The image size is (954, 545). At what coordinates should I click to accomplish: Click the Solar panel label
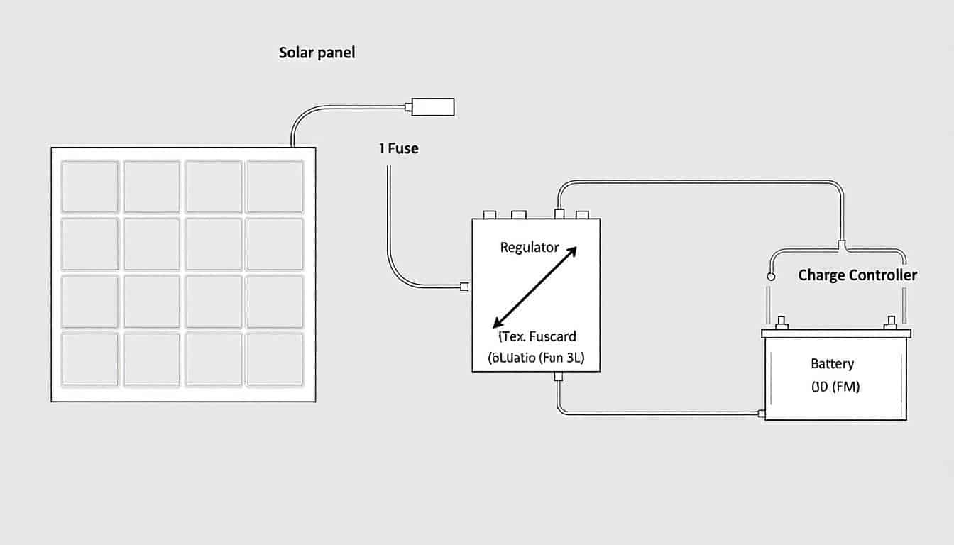pyautogui.click(x=317, y=53)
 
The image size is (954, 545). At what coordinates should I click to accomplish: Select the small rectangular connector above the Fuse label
pyautogui.click(x=432, y=107)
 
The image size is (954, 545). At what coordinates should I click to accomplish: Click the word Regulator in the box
pyautogui.click(x=530, y=248)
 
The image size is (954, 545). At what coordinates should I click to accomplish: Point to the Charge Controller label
pyautogui.click(x=857, y=275)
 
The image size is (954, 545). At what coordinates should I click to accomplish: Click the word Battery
pyautogui.click(x=832, y=364)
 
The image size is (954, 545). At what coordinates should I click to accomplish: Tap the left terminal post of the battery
pyautogui.click(x=782, y=323)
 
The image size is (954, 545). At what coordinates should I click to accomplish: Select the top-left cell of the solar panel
pyautogui.click(x=90, y=187)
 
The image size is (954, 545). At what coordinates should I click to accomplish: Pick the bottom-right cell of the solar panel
pyautogui.click(x=275, y=359)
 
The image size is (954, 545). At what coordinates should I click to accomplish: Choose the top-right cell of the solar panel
pyautogui.click(x=275, y=187)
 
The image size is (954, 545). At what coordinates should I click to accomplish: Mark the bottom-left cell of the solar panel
pyautogui.click(x=90, y=359)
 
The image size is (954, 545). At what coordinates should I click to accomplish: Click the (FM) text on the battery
pyautogui.click(x=845, y=387)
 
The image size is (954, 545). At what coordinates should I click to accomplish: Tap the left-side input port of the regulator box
pyautogui.click(x=465, y=287)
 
